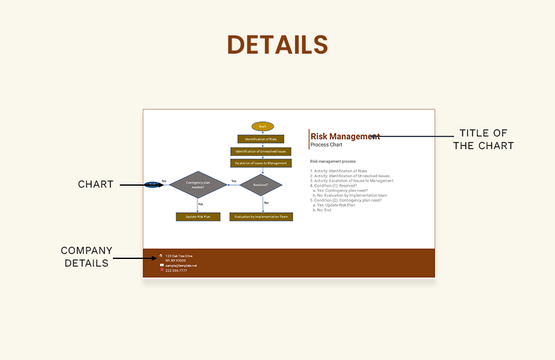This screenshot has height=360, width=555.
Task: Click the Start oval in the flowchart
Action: (262, 126)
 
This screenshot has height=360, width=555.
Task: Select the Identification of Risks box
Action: (261, 139)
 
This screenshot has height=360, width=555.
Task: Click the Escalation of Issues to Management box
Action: (261, 163)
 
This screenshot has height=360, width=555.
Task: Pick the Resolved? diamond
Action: (261, 185)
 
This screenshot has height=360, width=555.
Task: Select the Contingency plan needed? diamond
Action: (198, 185)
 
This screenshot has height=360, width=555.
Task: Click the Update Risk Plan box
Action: (198, 217)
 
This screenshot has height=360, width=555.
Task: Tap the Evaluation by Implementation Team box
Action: (261, 217)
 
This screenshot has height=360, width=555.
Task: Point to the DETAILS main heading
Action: (277, 45)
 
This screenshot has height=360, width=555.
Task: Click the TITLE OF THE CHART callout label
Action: (484, 140)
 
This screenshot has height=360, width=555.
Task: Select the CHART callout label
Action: (96, 184)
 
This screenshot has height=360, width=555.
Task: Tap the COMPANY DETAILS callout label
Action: (86, 257)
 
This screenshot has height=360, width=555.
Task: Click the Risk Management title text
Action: (345, 136)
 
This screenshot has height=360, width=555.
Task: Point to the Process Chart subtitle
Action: (327, 145)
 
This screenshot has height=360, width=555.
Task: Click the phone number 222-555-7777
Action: (176, 270)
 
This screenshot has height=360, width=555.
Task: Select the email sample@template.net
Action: (181, 265)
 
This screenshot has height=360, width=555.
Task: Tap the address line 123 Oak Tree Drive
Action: (179, 256)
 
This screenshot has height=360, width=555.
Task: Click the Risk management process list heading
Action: (333, 162)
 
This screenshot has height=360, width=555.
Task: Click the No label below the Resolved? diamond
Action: (266, 203)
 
